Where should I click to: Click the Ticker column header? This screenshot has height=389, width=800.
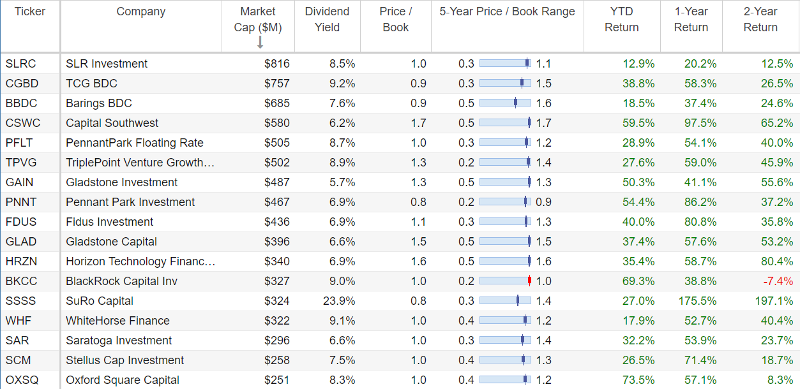(x=30, y=11)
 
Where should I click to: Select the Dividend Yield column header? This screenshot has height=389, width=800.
(x=327, y=19)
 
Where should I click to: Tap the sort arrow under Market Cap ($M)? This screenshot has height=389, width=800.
(x=260, y=42)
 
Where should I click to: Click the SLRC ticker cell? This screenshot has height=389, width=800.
(x=20, y=64)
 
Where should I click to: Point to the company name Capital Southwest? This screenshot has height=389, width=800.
(x=112, y=123)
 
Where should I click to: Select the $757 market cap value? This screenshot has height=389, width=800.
(x=277, y=84)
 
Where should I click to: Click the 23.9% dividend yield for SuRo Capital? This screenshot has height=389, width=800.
(x=339, y=301)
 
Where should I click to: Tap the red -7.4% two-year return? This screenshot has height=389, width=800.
(x=778, y=281)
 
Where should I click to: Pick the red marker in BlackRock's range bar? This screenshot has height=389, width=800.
(x=530, y=281)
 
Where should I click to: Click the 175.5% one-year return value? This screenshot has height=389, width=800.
(x=697, y=301)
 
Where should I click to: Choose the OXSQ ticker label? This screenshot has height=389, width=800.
(x=22, y=380)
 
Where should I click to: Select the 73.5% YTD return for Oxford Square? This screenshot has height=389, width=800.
(x=638, y=380)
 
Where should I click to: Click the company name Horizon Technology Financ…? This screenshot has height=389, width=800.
(x=140, y=261)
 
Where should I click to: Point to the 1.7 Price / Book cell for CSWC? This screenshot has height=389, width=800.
(x=418, y=123)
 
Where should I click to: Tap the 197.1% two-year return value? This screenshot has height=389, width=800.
(x=774, y=301)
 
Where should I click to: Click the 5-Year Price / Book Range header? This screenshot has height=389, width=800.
(x=507, y=11)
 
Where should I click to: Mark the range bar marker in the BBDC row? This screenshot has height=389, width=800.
(x=515, y=103)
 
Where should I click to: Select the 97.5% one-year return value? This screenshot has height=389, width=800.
(x=700, y=123)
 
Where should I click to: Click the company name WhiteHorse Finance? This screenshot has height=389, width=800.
(x=117, y=321)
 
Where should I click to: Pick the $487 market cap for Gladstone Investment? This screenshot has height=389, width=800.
(x=277, y=182)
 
